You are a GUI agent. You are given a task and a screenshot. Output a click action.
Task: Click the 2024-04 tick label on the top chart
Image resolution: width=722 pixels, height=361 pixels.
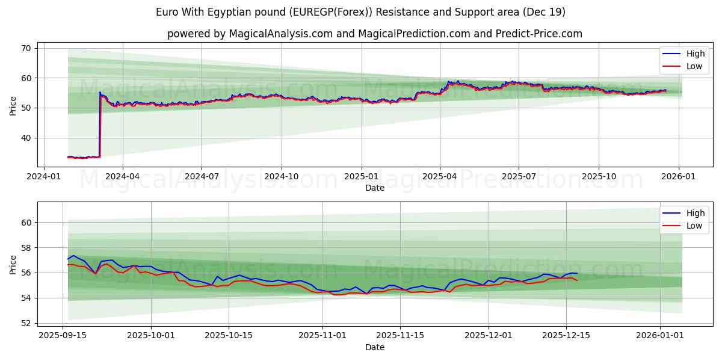122,176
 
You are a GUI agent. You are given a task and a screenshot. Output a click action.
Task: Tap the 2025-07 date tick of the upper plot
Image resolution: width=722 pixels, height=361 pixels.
519,176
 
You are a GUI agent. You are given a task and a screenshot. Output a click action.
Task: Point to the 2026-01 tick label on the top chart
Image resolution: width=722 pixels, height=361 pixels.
679,176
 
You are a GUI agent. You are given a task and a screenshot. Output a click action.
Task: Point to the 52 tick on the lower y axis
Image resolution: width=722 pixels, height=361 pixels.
27,323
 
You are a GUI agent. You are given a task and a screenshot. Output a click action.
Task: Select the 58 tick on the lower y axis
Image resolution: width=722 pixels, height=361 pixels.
27,248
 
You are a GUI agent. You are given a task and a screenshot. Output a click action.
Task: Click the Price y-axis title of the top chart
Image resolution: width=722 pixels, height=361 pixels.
13,105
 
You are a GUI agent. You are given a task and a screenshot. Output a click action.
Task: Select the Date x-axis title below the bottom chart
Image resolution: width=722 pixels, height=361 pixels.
375,347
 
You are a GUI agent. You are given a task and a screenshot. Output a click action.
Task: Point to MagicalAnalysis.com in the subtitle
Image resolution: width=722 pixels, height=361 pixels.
281,34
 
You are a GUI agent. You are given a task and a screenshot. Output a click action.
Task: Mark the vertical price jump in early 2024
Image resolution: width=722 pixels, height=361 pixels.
100,123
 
